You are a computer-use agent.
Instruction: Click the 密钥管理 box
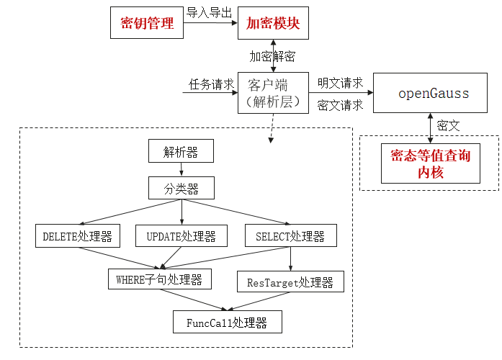[x=147, y=23]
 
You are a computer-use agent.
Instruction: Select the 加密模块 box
[x=273, y=23]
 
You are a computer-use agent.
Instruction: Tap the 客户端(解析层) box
[x=273, y=93]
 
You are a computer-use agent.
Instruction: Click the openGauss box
[x=434, y=93]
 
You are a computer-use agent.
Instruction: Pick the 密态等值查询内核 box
[x=430, y=163]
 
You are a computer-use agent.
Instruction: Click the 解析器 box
[x=181, y=151]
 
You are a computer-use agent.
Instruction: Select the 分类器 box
[x=181, y=189]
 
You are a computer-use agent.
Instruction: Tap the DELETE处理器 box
[x=78, y=235]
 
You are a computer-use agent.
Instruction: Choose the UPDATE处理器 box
[x=181, y=235]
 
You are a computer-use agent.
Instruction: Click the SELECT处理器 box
[x=290, y=235]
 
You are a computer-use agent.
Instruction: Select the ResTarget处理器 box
[x=290, y=282]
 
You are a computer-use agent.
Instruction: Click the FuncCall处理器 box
[x=228, y=322]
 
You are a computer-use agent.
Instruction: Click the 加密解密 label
[x=272, y=56]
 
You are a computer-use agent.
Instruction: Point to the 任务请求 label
[x=211, y=84]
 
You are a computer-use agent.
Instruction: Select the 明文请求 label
[x=340, y=84]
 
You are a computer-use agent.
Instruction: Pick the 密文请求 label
[x=340, y=105]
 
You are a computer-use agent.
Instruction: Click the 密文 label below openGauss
[x=449, y=125]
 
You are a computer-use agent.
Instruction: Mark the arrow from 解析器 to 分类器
[x=181, y=170]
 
